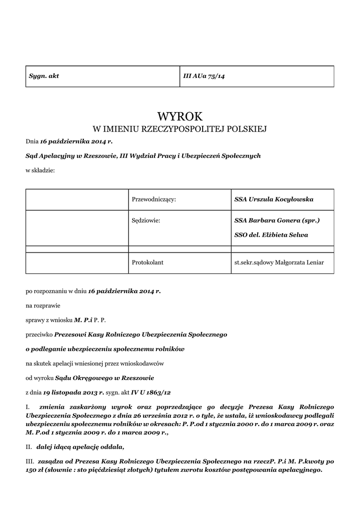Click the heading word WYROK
180,117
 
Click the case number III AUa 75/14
204,76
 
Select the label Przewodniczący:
154,199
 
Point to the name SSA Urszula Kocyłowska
274,199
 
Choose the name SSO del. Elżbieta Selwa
271,235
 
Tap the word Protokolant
147,262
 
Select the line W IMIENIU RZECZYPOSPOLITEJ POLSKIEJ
180,129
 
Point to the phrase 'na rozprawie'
43,306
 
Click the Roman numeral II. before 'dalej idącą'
29,446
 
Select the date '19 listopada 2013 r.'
73,392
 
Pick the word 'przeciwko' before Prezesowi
39,335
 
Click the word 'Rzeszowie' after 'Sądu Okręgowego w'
139,378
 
